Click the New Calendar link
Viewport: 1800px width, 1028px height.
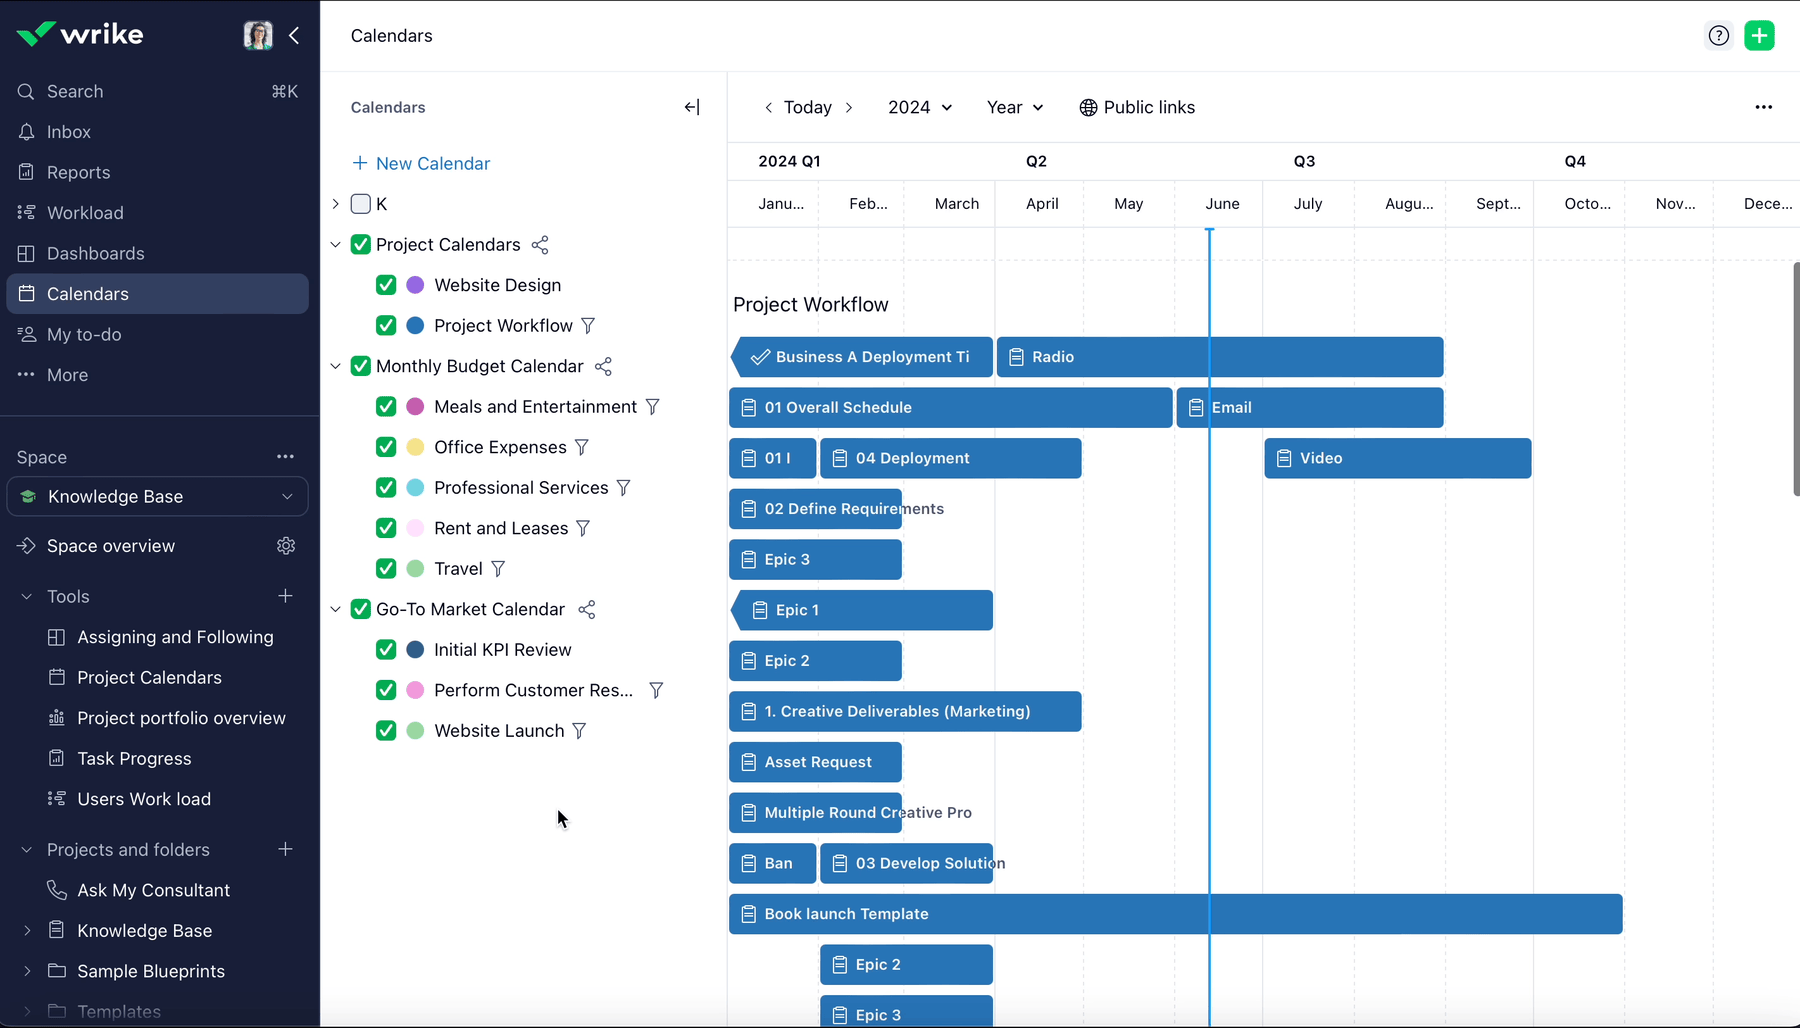click(421, 163)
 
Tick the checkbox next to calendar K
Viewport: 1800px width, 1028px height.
click(361, 204)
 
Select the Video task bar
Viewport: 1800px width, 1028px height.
click(1397, 458)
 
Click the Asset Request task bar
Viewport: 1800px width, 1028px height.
click(815, 762)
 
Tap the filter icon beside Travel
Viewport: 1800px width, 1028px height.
click(498, 569)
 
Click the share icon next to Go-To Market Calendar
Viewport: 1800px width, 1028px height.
click(587, 609)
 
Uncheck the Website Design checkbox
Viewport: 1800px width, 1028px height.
click(386, 285)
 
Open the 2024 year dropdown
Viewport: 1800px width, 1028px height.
click(919, 107)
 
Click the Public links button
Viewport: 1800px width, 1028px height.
click(1137, 107)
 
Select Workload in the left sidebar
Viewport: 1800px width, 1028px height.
click(85, 213)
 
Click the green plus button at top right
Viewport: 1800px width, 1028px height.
click(1759, 36)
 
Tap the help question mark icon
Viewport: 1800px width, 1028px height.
click(1718, 36)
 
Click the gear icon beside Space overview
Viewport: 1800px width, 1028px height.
click(286, 546)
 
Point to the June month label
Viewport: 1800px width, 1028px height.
click(1222, 204)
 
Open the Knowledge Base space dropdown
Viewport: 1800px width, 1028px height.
click(157, 497)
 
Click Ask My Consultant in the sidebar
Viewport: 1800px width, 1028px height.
click(153, 890)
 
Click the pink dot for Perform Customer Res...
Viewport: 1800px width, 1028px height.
click(415, 690)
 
